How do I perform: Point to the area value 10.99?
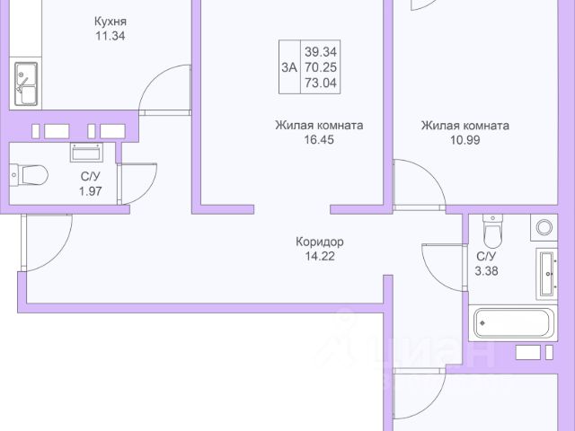pos(464,141)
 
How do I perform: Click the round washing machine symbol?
pos(544,228)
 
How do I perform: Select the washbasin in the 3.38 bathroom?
pos(550,274)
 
